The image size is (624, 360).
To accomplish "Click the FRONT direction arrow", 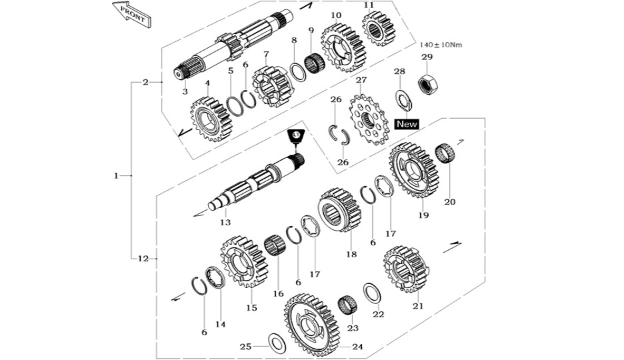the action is [131, 13].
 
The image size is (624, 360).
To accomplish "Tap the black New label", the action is [407, 124].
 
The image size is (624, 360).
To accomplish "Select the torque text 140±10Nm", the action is [441, 45].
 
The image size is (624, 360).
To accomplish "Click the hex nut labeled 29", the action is [427, 84].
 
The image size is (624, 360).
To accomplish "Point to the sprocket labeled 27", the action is [369, 119].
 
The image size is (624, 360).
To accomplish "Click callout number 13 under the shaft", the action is [225, 223].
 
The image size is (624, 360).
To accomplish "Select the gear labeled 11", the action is [378, 29].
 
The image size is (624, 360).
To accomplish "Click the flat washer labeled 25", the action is [277, 343].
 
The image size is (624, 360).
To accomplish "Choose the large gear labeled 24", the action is [311, 325].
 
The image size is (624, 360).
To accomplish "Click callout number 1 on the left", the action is [116, 175].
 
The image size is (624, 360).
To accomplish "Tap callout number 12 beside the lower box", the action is [143, 259].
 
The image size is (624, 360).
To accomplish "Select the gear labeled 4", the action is [211, 119].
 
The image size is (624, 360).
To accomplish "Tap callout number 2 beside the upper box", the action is [145, 83].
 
